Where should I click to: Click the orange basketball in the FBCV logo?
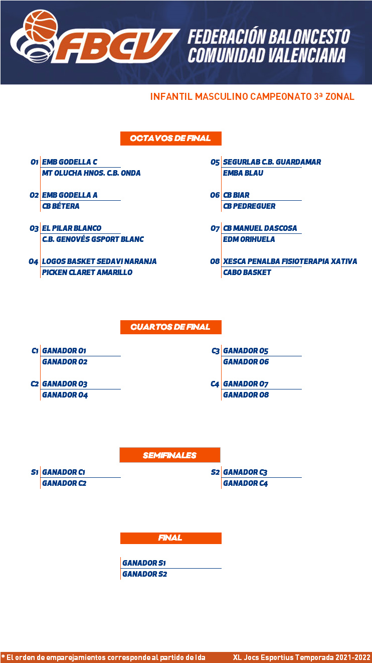(41, 26)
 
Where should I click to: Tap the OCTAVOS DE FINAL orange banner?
(170, 138)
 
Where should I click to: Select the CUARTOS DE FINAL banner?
(170, 327)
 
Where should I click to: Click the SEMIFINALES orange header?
(170, 455)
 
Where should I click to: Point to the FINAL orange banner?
(170, 538)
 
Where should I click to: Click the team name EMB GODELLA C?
(70, 162)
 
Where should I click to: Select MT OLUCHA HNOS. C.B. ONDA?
(91, 173)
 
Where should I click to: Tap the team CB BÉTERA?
(61, 206)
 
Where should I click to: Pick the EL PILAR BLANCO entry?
(72, 228)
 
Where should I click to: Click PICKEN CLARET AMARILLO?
(87, 273)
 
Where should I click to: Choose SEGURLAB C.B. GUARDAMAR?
(272, 162)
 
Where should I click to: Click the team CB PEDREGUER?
(249, 206)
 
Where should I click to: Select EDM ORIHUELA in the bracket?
(249, 239)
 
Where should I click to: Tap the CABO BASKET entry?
(247, 273)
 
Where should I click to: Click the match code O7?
(215, 228)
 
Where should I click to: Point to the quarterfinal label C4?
(215, 384)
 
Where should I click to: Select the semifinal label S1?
(35, 472)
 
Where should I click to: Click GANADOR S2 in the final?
(144, 574)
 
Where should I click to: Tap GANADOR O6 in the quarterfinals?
(246, 362)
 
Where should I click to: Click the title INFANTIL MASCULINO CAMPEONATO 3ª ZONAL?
(252, 96)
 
